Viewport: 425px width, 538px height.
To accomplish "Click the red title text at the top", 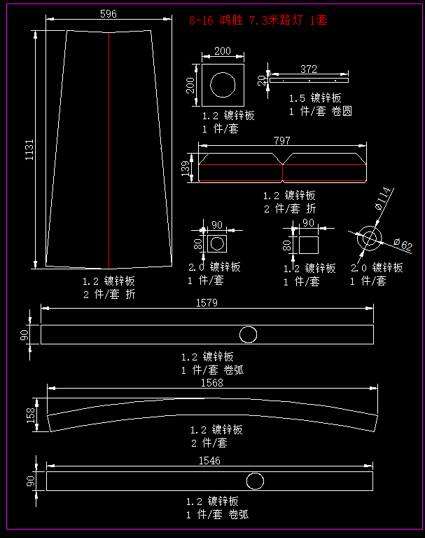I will point(258,20).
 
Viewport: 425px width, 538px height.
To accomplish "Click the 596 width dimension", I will point(108,14).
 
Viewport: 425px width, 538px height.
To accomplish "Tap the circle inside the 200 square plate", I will point(223,85).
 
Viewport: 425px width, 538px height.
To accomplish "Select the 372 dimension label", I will point(308,69).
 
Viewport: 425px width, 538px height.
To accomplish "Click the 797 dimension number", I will point(281,141).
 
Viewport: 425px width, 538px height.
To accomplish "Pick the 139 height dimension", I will point(186,168).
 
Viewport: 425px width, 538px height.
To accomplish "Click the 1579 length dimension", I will point(208,303).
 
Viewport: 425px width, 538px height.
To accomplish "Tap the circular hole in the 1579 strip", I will point(247,334).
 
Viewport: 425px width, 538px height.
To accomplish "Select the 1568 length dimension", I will point(211,382).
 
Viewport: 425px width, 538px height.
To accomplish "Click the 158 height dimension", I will point(30,415).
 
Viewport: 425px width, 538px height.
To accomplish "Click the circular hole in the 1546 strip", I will point(255,481).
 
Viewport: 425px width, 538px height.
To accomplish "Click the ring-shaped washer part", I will point(368,238).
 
